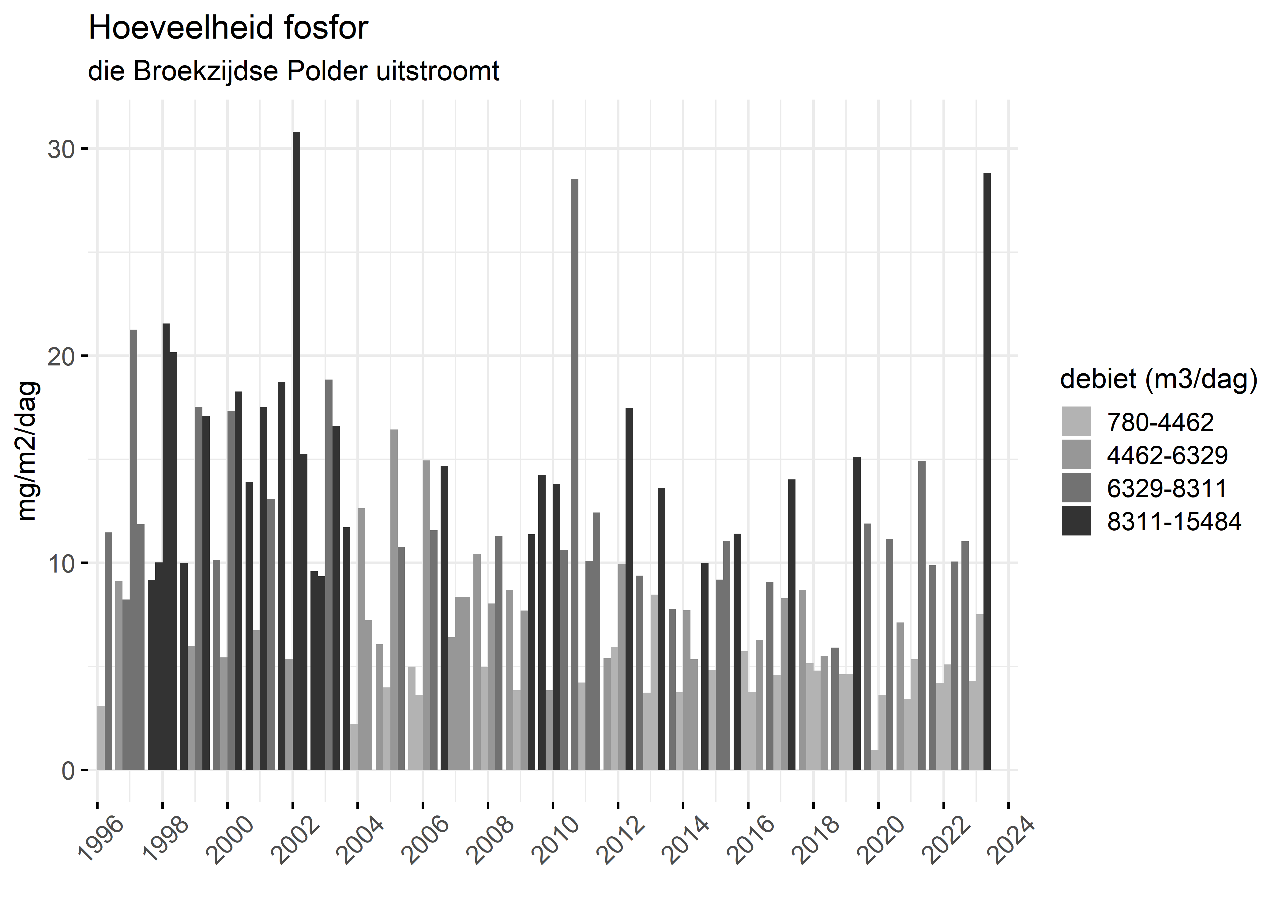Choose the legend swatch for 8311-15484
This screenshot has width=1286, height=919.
(1076, 521)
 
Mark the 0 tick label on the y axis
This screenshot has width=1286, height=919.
(68, 771)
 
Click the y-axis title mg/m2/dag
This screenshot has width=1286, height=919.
(27, 451)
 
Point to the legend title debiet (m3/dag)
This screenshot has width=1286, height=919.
(1159, 379)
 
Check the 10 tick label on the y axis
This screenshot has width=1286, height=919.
(61, 564)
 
